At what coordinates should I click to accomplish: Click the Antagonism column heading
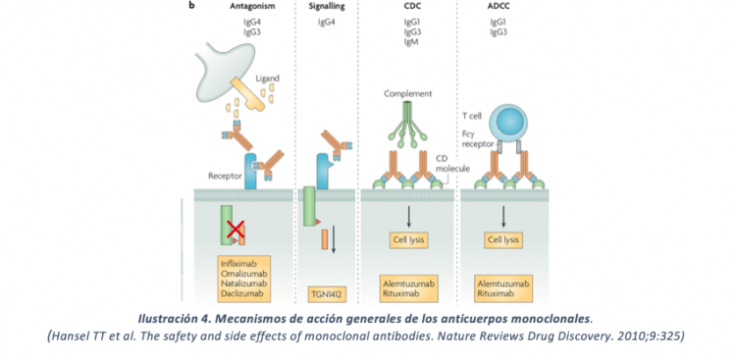point(238,7)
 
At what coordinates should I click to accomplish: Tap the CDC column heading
point(411,7)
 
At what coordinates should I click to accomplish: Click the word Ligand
point(268,77)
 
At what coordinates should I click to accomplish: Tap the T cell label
point(473,116)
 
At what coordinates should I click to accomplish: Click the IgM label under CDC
point(411,43)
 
